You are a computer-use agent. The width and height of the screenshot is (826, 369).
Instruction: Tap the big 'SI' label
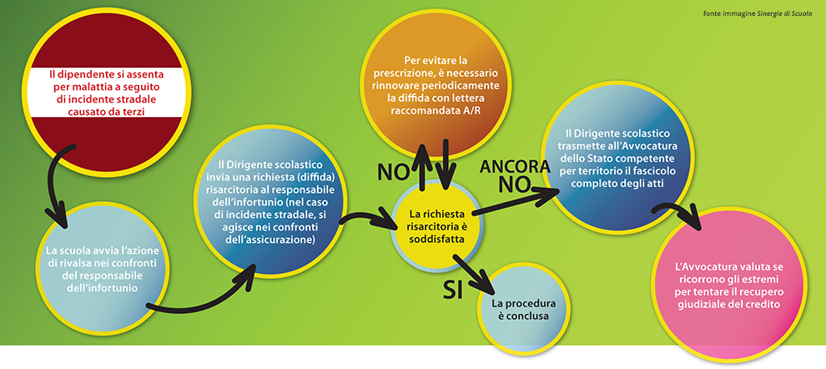453,288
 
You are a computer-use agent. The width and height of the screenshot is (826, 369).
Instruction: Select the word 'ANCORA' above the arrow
515,167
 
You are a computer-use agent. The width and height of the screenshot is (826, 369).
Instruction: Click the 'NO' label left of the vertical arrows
392,172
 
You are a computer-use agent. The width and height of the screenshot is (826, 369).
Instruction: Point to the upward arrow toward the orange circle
423,164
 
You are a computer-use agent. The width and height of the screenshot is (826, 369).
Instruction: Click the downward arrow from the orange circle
446,164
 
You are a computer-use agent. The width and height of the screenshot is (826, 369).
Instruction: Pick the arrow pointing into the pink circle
679,212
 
